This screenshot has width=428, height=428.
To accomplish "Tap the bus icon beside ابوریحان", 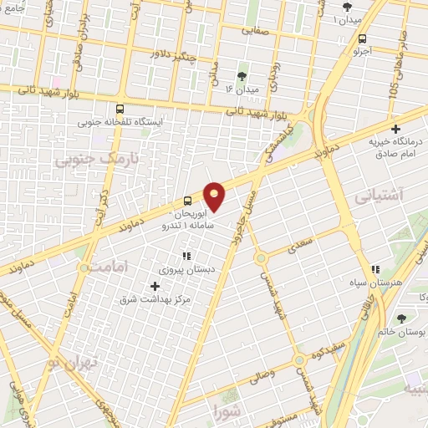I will [187, 201].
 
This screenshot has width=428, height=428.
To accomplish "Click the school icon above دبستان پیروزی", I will [186, 256].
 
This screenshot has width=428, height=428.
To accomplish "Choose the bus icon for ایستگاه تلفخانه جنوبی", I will [120, 109].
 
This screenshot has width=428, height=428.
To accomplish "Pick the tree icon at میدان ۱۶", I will [242, 75].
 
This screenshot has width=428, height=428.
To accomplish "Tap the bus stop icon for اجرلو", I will [362, 38].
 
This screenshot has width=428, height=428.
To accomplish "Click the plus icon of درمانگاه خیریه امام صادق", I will [395, 129].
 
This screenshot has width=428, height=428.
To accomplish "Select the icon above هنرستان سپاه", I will [375, 270].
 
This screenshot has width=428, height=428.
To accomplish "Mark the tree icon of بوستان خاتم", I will [401, 318].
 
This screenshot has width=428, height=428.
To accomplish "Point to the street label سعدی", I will [303, 242].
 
